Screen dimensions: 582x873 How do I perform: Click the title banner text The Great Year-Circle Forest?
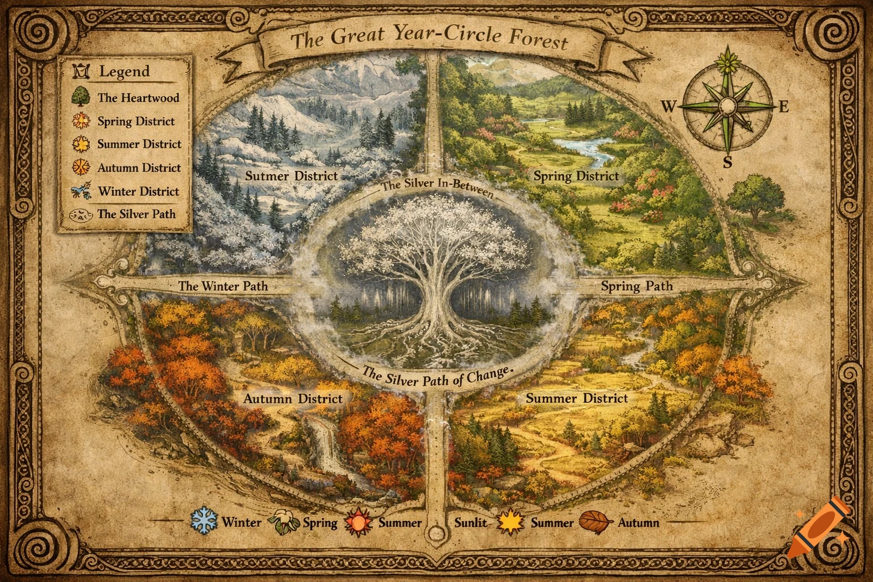pos(429,40)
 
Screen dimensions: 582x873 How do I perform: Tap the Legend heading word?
pos(124,72)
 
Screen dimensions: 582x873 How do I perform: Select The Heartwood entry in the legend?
pos(138,97)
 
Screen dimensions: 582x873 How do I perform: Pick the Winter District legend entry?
pos(138,192)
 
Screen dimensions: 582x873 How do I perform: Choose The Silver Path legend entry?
pos(136,214)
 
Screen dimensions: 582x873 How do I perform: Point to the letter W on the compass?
pos(668,106)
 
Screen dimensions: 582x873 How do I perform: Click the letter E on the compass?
pos(783,107)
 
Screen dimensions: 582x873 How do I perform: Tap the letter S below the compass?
pos(728,163)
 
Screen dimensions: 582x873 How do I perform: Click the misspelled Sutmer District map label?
pos(292,176)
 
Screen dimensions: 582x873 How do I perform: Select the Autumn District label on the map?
pos(293,398)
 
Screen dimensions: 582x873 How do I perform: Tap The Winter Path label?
pos(223,286)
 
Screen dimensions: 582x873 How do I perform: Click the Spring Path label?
pos(637,286)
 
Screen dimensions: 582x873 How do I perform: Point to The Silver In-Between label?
pos(436,187)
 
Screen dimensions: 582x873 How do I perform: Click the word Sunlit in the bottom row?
pos(471,522)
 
